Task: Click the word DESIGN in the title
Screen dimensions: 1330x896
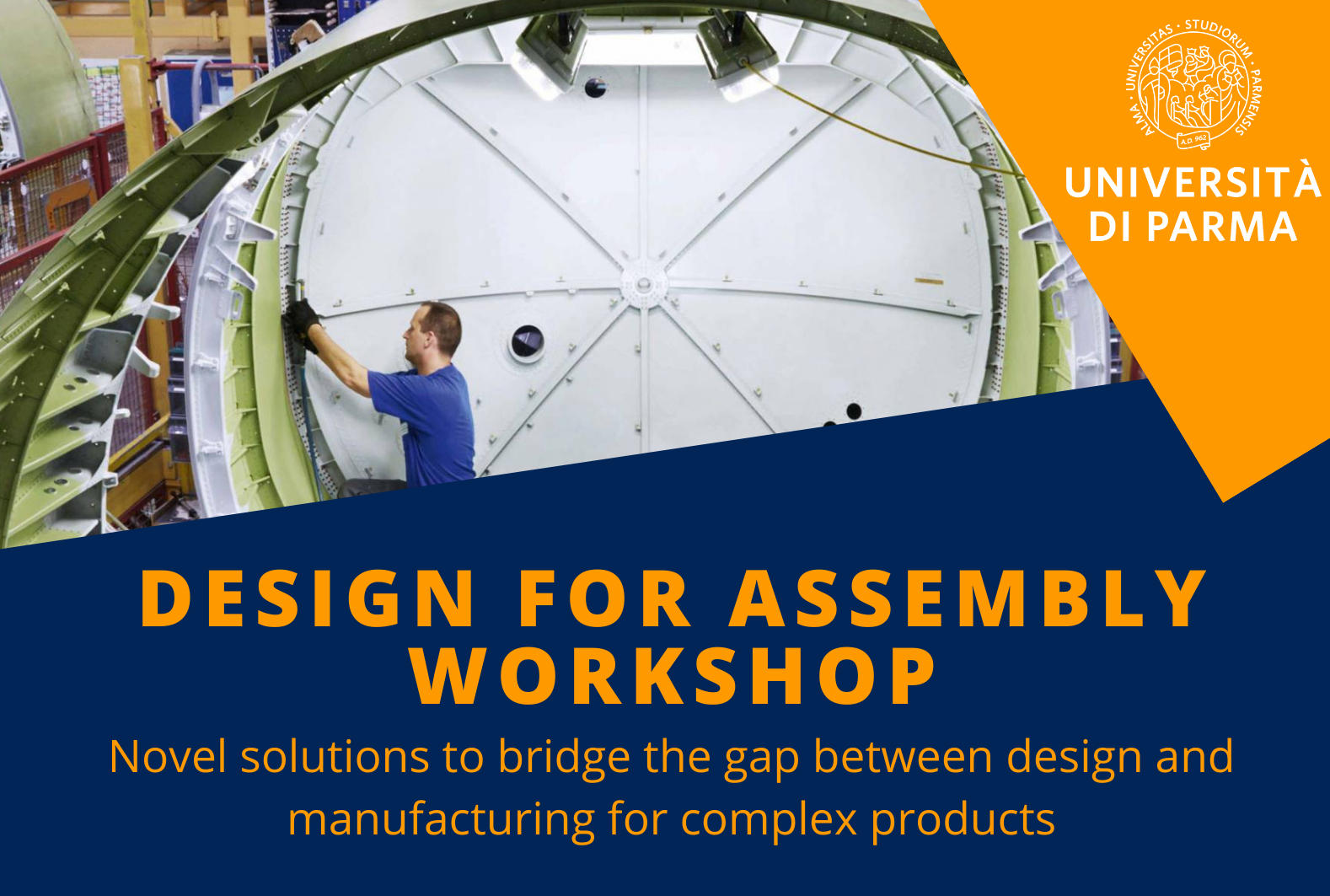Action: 307,598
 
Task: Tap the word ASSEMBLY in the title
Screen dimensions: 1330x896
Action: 968,598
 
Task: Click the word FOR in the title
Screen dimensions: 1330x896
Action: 603,598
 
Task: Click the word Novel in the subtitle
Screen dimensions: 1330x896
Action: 168,756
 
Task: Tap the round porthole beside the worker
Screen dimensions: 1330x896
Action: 527,343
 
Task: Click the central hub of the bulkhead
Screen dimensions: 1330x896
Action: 644,284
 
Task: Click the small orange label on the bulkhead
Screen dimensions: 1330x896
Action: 929,280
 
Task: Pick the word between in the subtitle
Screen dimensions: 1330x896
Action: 903,756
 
